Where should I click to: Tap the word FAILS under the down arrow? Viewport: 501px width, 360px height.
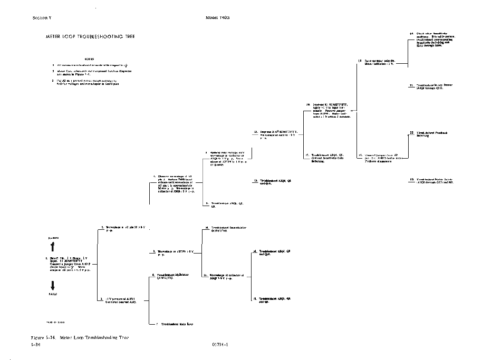tap(53, 294)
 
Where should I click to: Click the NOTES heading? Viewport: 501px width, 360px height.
tap(89, 59)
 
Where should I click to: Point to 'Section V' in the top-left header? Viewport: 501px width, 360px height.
tap(42, 17)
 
